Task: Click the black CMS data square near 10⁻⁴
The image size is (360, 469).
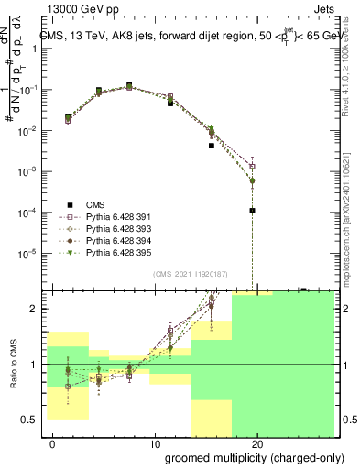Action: [x=252, y=211]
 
